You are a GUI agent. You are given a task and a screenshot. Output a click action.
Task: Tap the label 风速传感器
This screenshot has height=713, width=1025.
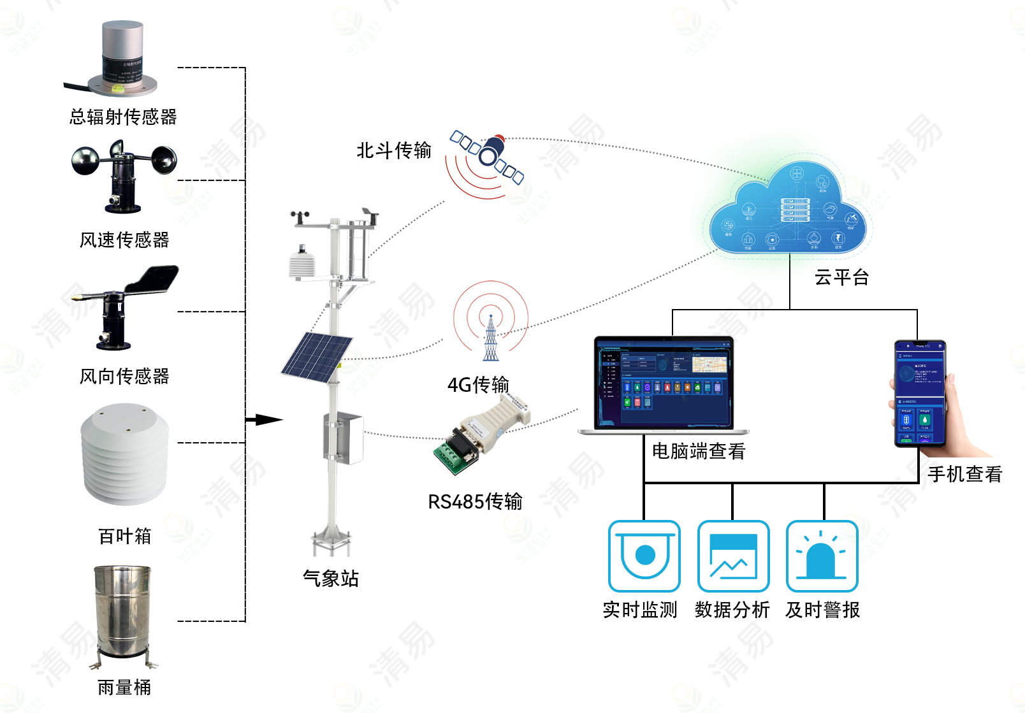pyautogui.click(x=124, y=240)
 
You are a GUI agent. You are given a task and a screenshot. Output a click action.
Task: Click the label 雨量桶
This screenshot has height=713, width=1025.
pyautogui.click(x=124, y=688)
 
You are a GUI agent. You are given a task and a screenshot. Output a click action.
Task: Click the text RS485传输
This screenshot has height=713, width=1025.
pyautogui.click(x=475, y=501)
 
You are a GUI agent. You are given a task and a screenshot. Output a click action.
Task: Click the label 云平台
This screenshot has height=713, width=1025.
pyautogui.click(x=841, y=277)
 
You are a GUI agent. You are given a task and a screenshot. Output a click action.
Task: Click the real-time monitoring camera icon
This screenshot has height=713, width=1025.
pyautogui.click(x=644, y=556)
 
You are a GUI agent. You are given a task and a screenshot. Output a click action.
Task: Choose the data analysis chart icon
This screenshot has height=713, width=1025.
pyautogui.click(x=733, y=556)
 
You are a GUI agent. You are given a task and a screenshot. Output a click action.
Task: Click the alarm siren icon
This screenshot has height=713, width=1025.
pyautogui.click(x=822, y=556)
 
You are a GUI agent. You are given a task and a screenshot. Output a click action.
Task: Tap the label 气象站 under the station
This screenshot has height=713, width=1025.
pyautogui.click(x=330, y=578)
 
